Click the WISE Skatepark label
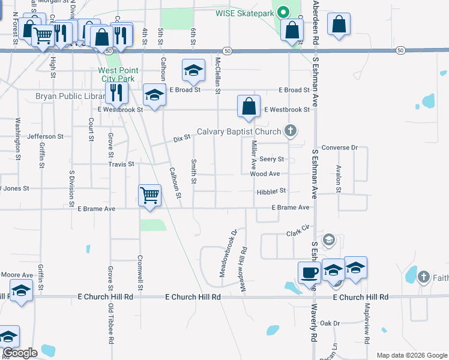[x=245, y=12]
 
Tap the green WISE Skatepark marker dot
[x=286, y=11]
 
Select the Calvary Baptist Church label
[x=239, y=132]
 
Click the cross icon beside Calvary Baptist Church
[x=291, y=131]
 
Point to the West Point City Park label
[x=118, y=74]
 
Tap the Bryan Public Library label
[x=70, y=96]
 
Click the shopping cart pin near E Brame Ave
[x=149, y=194]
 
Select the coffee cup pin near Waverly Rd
[x=309, y=272]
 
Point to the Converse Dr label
[x=339, y=147]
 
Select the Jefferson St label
[x=46, y=137]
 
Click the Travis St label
[x=121, y=164]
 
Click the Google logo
[x=20, y=353]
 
